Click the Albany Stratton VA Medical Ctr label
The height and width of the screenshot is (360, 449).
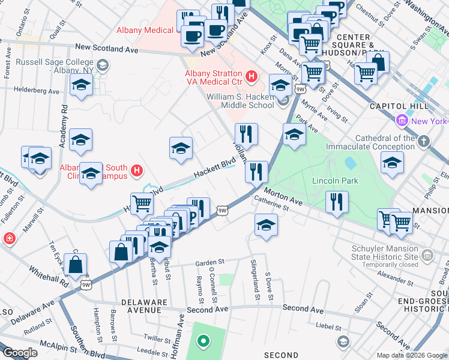(x=212, y=77)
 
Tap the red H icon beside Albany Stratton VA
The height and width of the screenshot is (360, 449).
(x=252, y=77)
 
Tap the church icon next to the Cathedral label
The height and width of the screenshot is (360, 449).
(x=424, y=142)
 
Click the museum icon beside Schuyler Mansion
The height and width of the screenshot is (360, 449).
(x=427, y=256)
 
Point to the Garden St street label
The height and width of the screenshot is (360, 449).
(x=210, y=262)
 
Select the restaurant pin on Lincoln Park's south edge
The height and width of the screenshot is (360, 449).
(x=337, y=202)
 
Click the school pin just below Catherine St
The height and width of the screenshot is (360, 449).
(x=266, y=225)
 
